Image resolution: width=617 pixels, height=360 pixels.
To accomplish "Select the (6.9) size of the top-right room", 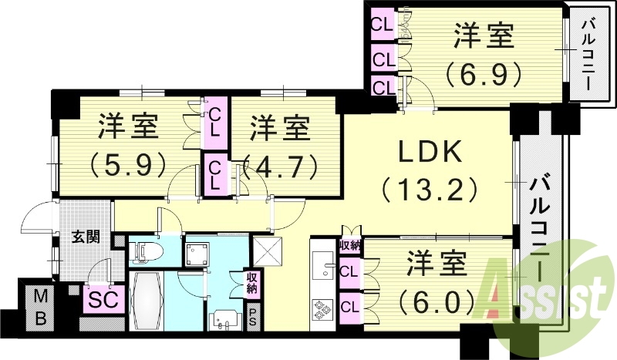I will point(484,73).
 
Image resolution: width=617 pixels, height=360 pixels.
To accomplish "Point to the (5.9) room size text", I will point(128,163).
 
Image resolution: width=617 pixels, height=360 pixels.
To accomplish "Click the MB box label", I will point(40,306).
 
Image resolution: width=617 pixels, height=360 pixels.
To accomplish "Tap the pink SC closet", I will point(102,299).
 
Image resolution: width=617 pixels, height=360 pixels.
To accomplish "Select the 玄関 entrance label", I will point(86,237).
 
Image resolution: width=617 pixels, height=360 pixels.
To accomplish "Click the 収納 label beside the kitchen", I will point(349,245).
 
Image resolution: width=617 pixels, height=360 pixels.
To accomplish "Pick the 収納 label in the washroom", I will point(253,282).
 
